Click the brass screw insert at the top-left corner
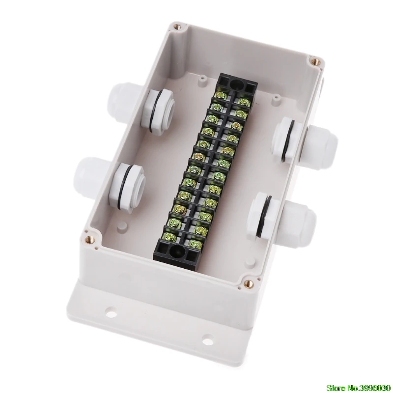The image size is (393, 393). [178, 26]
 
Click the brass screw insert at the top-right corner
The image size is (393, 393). [315, 61]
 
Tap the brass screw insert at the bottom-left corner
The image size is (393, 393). [89, 240]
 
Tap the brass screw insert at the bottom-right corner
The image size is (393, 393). [249, 283]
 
